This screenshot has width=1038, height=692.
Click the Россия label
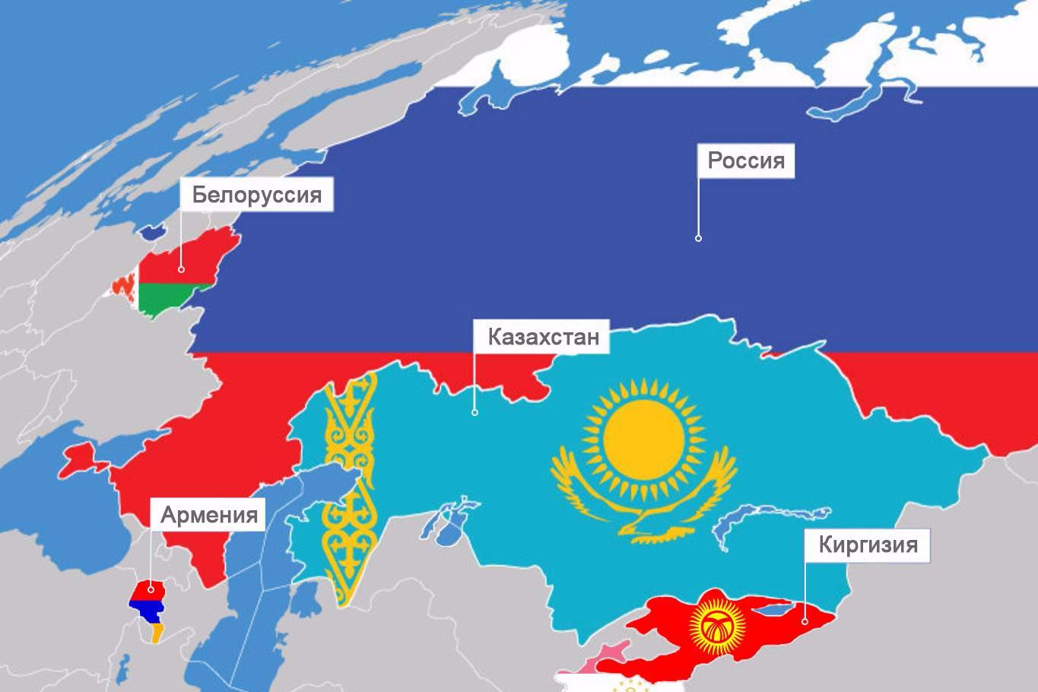745,161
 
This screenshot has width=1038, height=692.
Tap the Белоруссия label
256,195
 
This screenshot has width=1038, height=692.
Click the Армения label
208,515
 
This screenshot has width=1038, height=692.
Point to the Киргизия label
867,544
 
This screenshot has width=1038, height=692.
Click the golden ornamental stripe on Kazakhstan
350,494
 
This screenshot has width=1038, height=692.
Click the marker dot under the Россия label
698,238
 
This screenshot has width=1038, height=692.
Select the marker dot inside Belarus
181,268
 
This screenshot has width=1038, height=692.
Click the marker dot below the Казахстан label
475,412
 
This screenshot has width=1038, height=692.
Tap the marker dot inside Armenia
151,588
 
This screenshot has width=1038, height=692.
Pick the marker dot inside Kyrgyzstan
805,621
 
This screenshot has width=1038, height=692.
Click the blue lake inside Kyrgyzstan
776,608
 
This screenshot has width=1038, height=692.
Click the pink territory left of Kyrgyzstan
608,653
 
